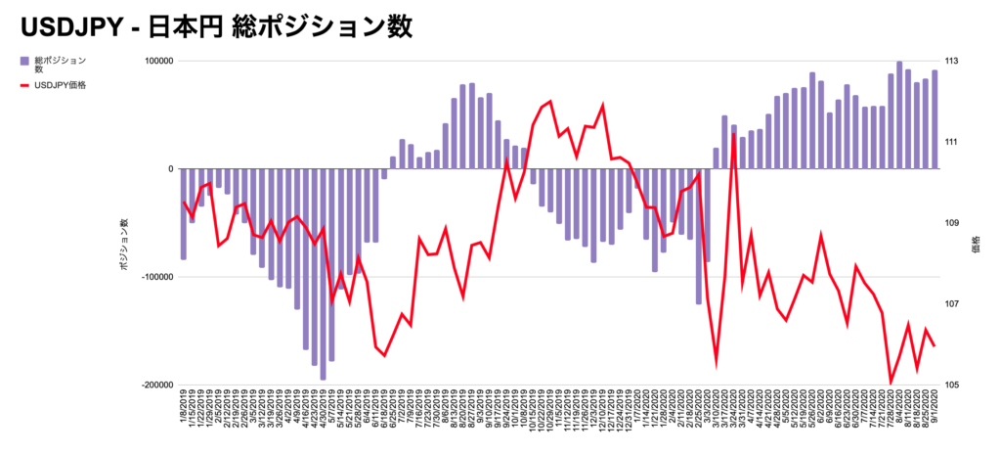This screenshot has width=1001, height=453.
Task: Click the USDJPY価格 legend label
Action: [x=60, y=85]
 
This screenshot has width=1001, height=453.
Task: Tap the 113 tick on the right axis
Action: [x=951, y=62]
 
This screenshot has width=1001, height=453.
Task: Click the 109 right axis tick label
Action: [x=951, y=223]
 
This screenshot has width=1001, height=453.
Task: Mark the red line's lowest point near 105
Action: [x=891, y=383]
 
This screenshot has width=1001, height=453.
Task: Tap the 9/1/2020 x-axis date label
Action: [x=936, y=406]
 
